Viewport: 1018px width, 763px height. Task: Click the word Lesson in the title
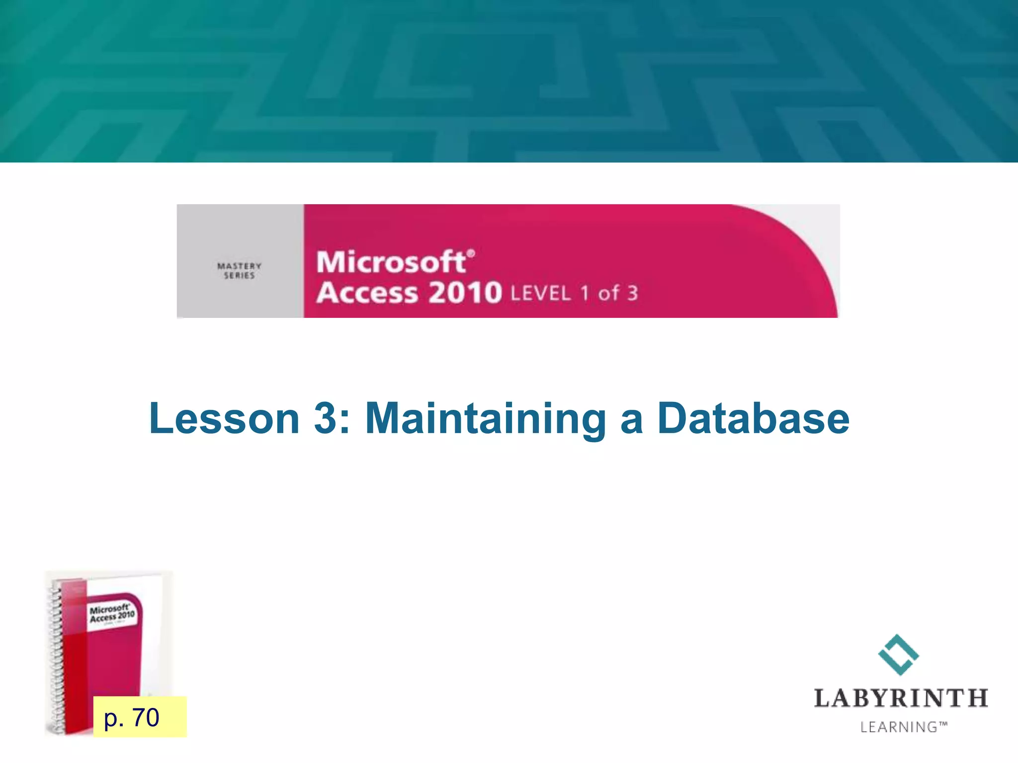coord(224,418)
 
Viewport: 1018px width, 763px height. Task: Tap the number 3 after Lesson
coord(326,418)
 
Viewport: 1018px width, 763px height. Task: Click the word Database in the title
coord(753,418)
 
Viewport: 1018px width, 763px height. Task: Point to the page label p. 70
coord(132,717)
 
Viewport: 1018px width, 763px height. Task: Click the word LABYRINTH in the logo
coord(901,698)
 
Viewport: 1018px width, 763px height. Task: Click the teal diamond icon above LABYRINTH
coord(899,654)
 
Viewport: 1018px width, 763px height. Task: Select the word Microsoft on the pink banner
coord(391,262)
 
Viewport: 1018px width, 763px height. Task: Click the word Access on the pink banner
coord(367,293)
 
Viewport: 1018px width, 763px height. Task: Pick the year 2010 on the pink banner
coord(465,293)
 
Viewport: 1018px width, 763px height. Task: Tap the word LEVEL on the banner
coord(540,294)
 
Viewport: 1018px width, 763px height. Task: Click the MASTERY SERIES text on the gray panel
coord(239,271)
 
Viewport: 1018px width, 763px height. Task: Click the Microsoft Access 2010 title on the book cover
coord(112,614)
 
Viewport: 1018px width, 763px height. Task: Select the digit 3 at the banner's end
coord(632,293)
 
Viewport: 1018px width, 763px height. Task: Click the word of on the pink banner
coord(609,293)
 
